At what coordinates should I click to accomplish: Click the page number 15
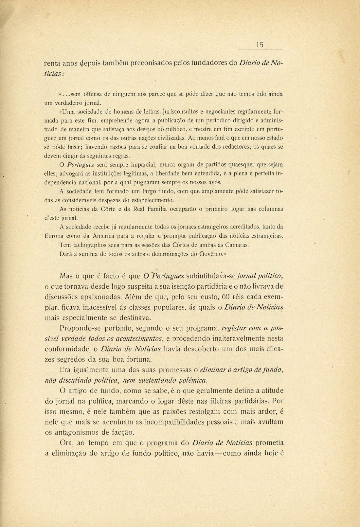tap(260, 45)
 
